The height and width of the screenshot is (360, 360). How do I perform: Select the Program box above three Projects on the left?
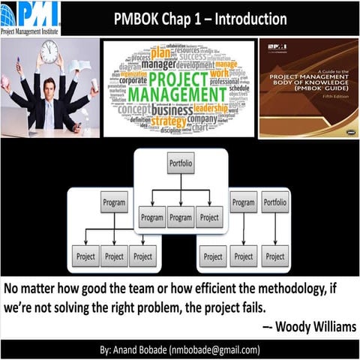pos(114,202)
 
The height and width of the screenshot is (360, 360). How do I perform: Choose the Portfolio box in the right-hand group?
pos(275,202)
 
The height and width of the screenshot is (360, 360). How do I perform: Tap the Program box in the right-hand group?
pos(244,202)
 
